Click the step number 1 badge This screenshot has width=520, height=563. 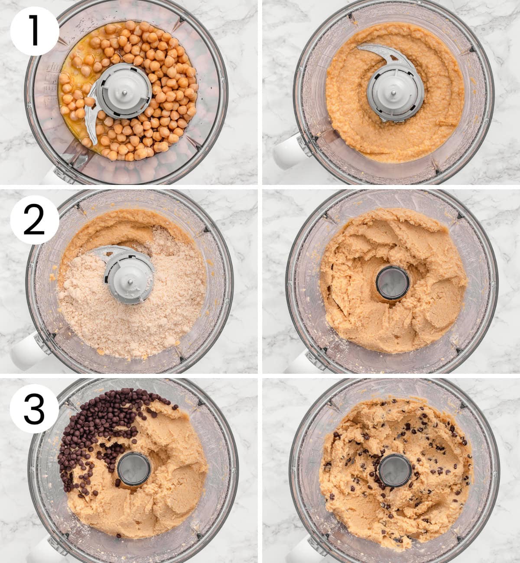tap(34, 30)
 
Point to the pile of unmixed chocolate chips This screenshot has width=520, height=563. tap(93, 433)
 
